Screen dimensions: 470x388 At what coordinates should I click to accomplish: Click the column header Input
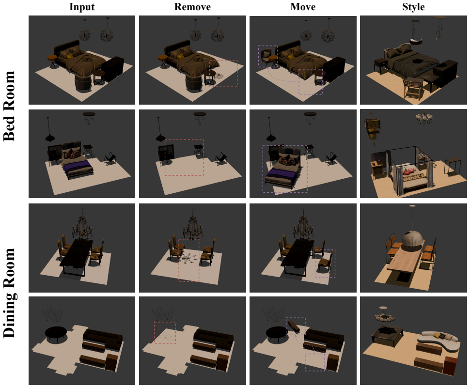(x=82, y=7)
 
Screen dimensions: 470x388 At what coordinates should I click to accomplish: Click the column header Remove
(x=192, y=7)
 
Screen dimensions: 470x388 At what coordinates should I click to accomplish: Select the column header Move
(x=303, y=7)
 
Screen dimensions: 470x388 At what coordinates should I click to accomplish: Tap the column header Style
(x=413, y=7)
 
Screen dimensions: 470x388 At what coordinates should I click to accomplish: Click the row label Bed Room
(x=9, y=106)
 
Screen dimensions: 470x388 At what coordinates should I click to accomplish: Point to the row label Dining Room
(x=9, y=293)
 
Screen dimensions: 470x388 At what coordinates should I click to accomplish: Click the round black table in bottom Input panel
(x=56, y=333)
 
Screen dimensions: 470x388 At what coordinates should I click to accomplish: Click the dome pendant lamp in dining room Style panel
(x=413, y=240)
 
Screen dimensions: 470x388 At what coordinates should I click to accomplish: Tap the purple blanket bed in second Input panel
(x=77, y=165)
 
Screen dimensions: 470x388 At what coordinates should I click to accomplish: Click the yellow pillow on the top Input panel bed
(x=70, y=56)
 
